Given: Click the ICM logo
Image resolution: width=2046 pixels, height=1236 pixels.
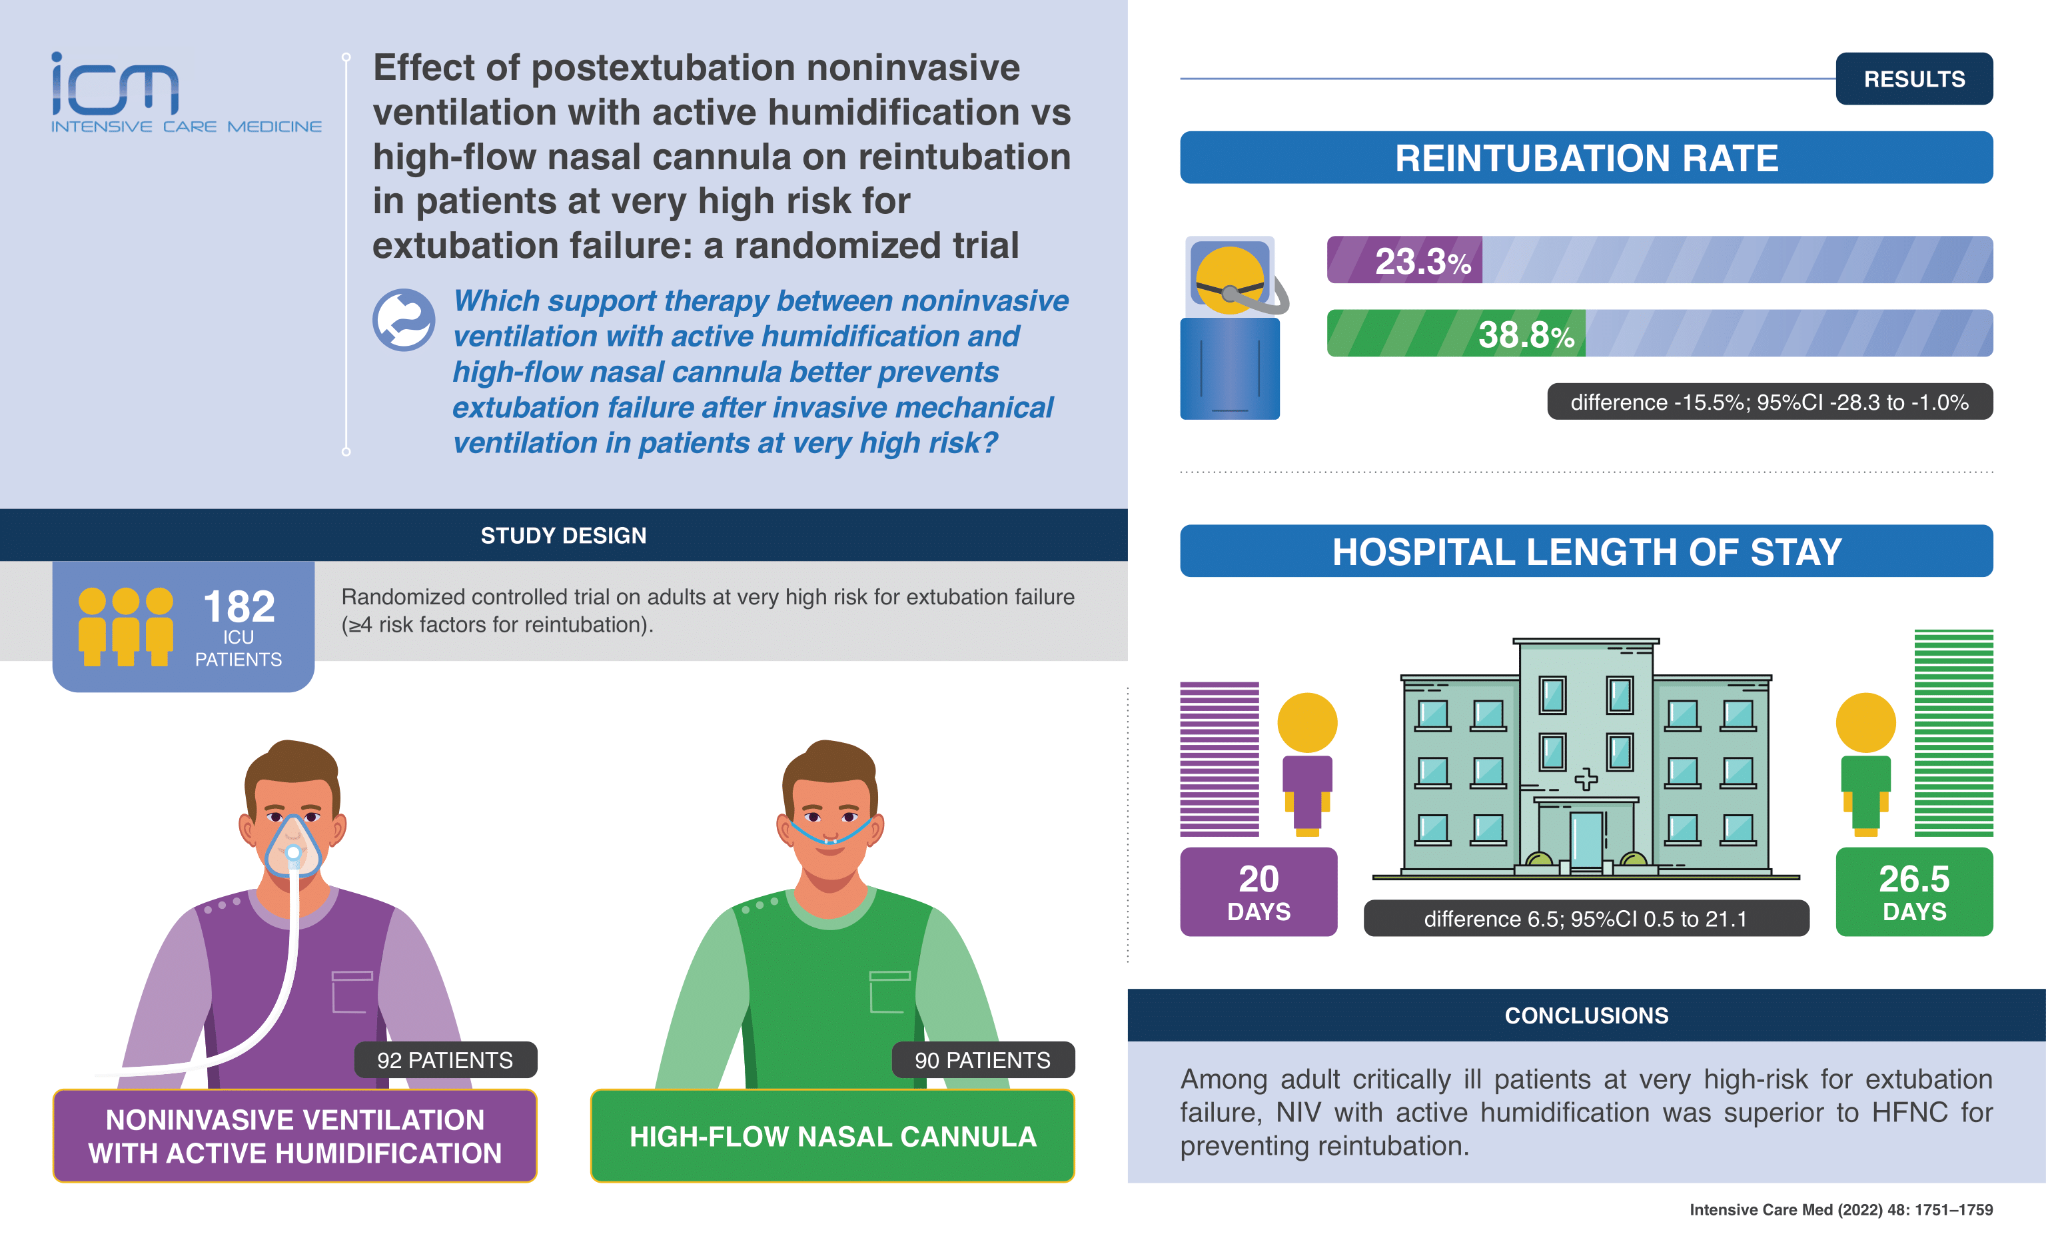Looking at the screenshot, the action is pos(186,92).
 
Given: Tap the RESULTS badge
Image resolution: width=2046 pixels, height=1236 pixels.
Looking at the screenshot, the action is pos(1914,79).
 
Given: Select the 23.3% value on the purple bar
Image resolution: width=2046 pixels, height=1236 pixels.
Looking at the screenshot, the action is pos(1422,261).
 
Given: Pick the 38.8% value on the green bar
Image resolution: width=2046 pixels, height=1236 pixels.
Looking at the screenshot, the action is pos(1526,334).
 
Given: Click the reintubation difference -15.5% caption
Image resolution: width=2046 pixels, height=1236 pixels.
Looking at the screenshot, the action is pos(1770,402).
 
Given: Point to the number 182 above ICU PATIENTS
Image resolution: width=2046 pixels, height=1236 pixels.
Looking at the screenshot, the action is pos(239,606).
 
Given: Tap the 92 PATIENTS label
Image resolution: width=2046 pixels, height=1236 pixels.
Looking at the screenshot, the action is pos(445,1060).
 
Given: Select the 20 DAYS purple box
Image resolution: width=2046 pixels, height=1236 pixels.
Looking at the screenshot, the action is pos(1258,892).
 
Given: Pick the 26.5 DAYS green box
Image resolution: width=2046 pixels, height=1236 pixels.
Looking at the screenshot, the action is pos(1914,892).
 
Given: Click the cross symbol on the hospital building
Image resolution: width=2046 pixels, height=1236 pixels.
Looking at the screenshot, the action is pos(1586,779).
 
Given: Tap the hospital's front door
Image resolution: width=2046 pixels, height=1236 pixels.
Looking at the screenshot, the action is pos(1586,841).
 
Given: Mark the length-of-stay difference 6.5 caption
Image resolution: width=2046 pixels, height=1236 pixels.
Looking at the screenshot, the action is pos(1586,919).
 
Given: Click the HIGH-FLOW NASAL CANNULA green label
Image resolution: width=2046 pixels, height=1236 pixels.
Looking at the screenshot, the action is pos(833,1136).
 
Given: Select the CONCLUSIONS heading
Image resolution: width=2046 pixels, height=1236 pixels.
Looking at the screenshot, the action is pos(1586,1015).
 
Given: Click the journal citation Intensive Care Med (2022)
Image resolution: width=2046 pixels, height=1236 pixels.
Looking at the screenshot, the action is pos(1841,1209).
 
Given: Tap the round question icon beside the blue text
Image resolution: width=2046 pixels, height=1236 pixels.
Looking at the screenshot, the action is pos(404,320).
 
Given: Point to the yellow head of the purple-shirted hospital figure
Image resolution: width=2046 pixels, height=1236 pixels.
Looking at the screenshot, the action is pos(1307,723).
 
